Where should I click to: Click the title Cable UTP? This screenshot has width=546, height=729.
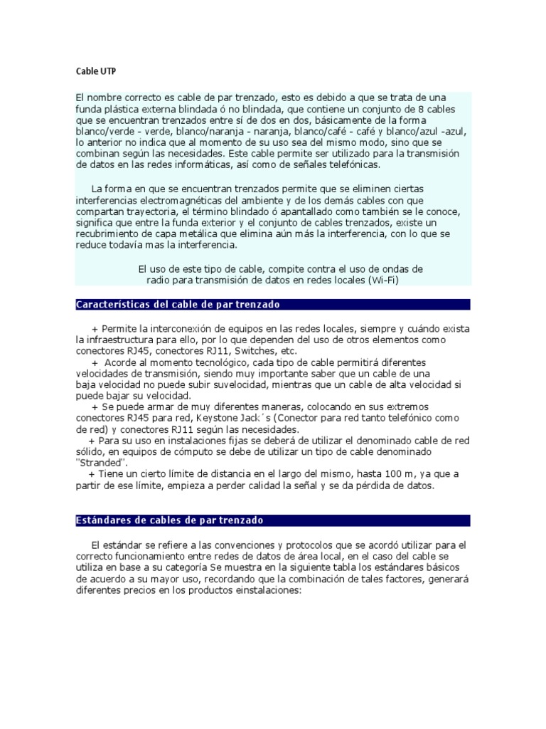(x=96, y=71)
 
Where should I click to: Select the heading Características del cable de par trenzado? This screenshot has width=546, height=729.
(x=178, y=305)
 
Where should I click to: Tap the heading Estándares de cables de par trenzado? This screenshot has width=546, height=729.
(x=169, y=520)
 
